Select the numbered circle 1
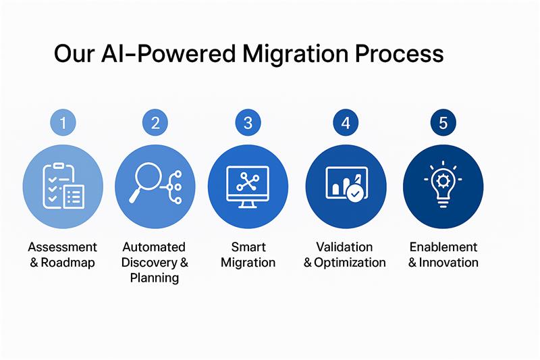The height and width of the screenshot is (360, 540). pos(63,122)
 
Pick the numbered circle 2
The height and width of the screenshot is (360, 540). pos(155,122)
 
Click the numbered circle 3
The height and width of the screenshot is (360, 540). pos(248,122)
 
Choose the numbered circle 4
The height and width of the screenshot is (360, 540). pos(346,122)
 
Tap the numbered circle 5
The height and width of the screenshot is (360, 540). pos(443,122)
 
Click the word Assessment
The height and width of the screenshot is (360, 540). pos(63,247)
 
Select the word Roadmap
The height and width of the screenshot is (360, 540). pos(68,263)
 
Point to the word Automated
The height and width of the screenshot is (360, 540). pos(154,247)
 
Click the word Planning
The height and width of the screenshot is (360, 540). pos(155,278)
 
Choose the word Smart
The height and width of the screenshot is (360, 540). pos(248,247)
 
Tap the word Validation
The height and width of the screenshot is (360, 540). pos(345,247)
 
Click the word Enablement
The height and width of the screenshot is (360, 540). pos(443,247)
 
